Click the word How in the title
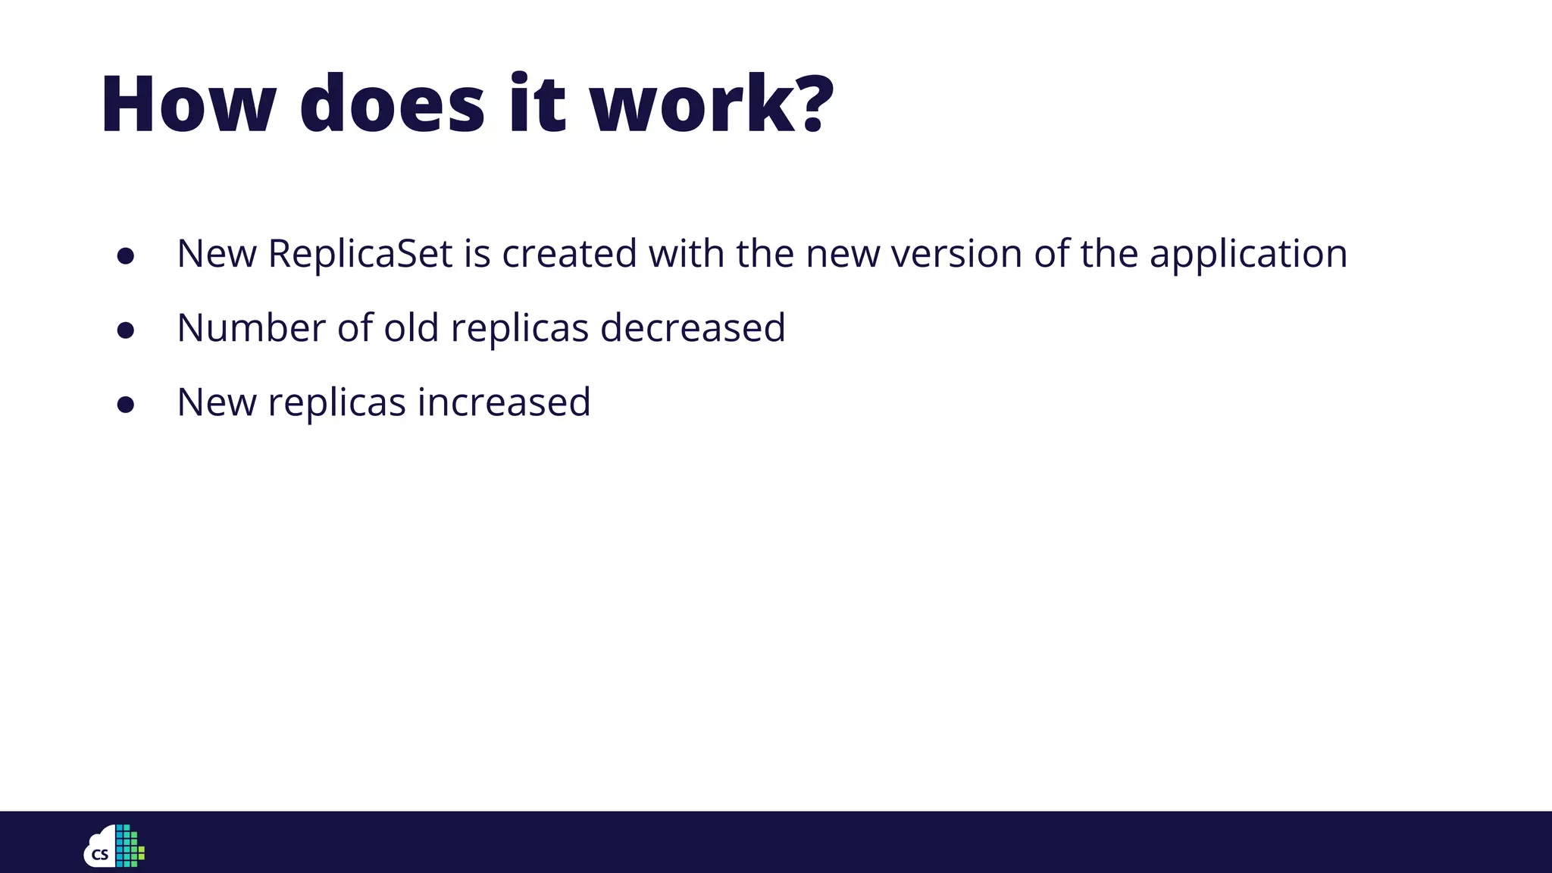(x=188, y=105)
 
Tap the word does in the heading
(x=392, y=105)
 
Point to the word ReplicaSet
(x=360, y=253)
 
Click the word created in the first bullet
(x=569, y=253)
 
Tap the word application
(x=1248, y=255)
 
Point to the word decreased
(x=693, y=327)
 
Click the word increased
(x=504, y=402)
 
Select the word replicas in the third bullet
(x=336, y=403)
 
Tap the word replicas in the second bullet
(x=520, y=329)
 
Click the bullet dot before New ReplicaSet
(x=126, y=256)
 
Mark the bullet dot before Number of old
(x=126, y=330)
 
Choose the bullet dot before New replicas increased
(x=126, y=405)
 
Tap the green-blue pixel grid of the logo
(x=129, y=846)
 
